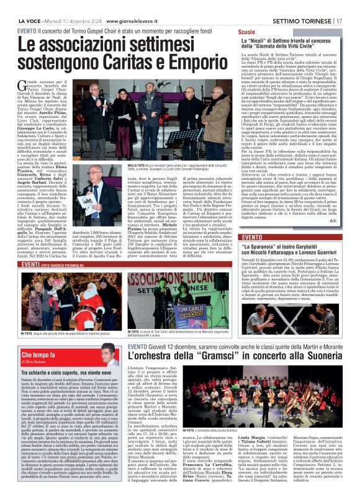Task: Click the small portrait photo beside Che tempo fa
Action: pos(110,356)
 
